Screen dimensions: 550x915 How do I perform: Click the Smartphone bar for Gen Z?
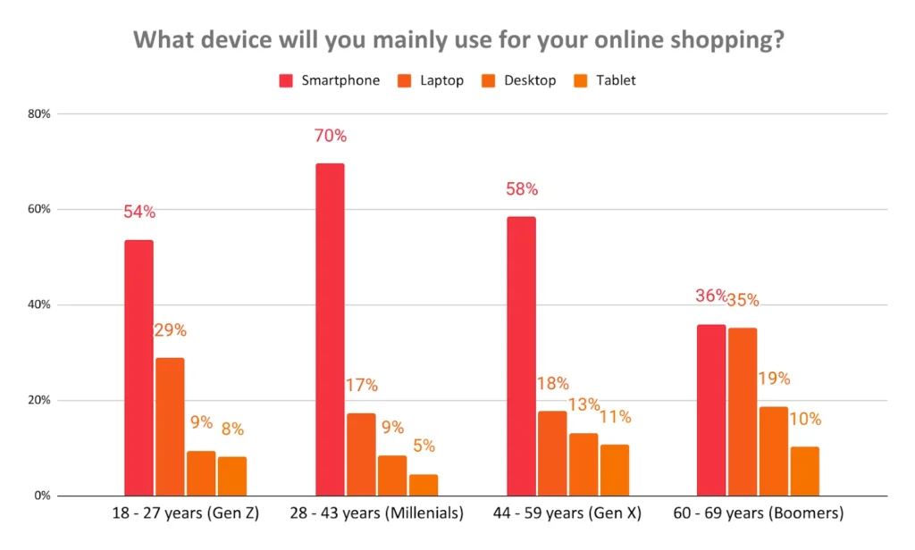(139, 368)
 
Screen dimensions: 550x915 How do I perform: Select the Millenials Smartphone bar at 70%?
(330, 329)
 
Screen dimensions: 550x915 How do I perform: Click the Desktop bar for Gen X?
(583, 464)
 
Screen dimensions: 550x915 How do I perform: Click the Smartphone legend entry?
(330, 80)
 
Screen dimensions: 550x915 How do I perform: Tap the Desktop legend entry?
(519, 80)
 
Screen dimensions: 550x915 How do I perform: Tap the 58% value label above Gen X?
(522, 189)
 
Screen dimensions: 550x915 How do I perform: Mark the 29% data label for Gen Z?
(170, 330)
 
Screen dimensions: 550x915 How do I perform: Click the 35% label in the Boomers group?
(743, 300)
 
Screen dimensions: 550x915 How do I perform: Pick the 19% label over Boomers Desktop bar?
(774, 379)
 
